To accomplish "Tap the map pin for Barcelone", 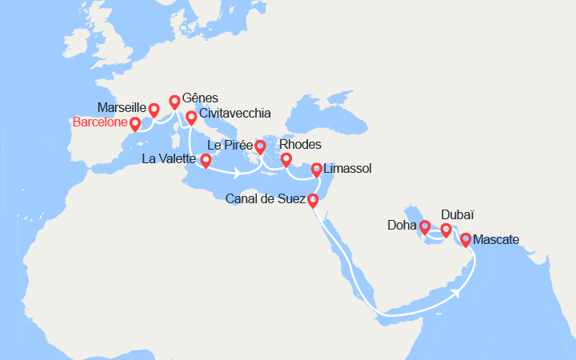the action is click(x=135, y=123).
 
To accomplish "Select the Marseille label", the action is click(x=121, y=107).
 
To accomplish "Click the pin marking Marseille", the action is click(x=154, y=108).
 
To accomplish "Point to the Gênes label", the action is click(x=200, y=98).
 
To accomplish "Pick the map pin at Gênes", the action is click(x=174, y=101).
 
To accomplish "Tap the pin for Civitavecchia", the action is click(x=191, y=117).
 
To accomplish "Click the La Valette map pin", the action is click(x=206, y=160).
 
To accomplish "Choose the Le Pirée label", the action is click(x=230, y=146).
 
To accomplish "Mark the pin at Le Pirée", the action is click(x=260, y=146).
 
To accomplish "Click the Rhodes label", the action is click(x=302, y=145).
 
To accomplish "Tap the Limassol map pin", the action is click(x=317, y=169).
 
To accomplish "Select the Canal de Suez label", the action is click(x=266, y=198).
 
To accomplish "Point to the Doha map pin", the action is click(x=424, y=226).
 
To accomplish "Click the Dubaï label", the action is click(x=457, y=215).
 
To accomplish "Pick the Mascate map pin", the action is click(x=466, y=238).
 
